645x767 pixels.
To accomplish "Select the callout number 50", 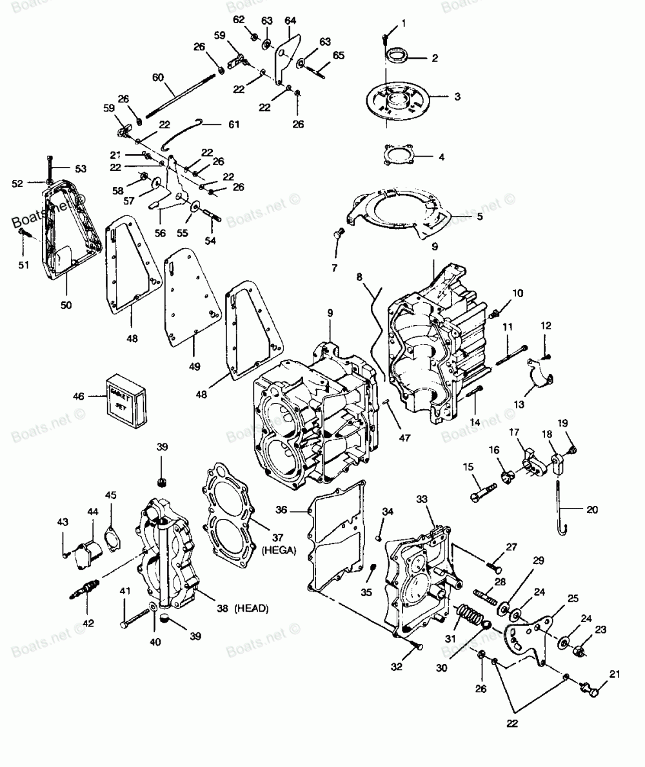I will click(66, 304).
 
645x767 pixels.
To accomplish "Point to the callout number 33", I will click(439, 500).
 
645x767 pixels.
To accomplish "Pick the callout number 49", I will click(194, 366).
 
